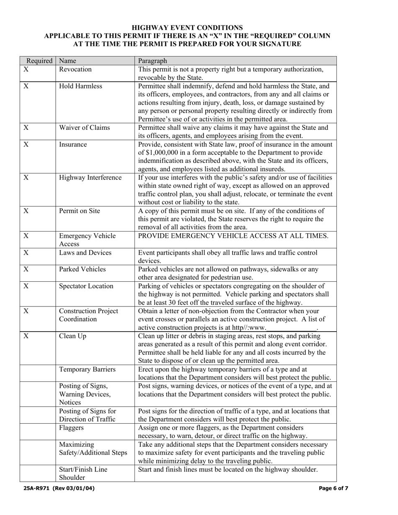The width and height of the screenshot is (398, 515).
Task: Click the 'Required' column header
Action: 39,61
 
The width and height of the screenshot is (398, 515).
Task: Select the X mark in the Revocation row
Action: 26,69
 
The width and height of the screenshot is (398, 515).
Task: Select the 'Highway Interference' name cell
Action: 90,178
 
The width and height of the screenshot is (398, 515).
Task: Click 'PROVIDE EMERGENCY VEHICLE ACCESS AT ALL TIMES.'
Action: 233,236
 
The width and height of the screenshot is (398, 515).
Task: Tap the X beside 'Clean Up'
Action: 26,336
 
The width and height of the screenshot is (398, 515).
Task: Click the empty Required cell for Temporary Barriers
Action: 38,373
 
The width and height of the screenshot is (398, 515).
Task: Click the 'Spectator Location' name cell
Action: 86,286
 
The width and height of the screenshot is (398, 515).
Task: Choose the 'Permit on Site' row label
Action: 80,211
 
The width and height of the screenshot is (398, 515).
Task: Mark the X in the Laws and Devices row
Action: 26,252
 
